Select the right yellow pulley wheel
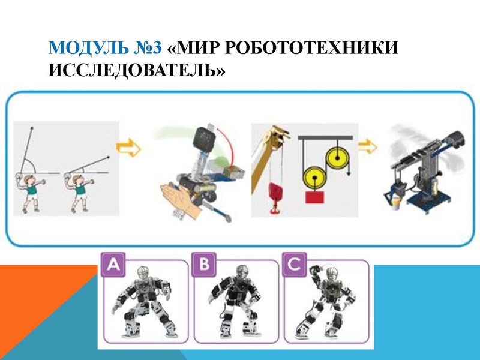(338, 160)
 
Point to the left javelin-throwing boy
(28, 192)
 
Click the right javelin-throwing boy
(79, 192)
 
